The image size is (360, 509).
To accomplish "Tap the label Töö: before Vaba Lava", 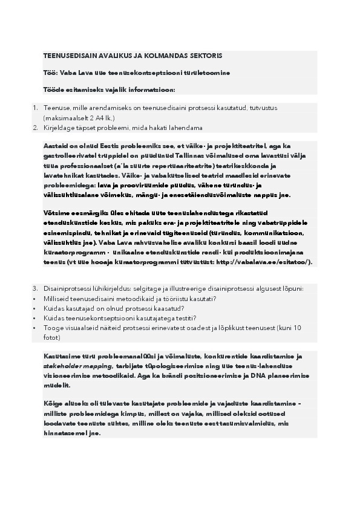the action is (51, 73).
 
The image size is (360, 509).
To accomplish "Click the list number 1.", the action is (34, 108).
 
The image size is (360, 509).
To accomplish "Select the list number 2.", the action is (34, 128).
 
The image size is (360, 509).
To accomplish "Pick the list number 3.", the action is (34, 288).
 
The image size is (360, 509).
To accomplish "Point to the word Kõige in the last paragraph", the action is (53, 403).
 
